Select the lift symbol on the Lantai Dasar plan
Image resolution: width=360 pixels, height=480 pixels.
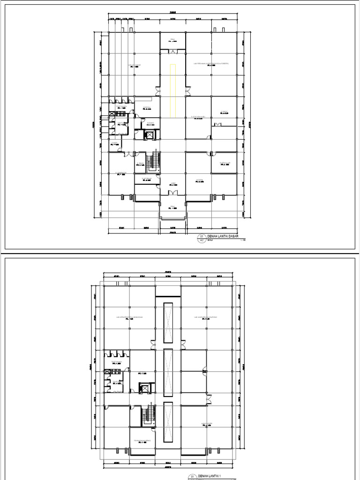[x=150, y=135]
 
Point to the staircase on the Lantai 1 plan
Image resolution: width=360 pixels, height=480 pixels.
[x=149, y=414]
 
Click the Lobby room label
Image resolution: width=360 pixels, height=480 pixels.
[x=172, y=185]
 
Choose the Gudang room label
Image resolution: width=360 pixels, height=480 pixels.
[x=150, y=124]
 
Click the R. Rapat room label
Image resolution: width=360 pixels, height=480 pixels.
[x=224, y=112]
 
